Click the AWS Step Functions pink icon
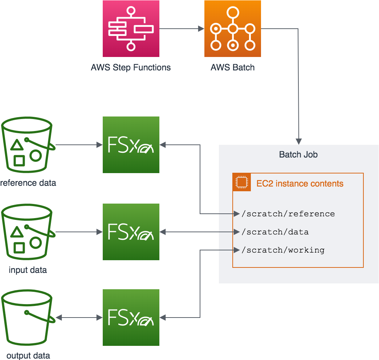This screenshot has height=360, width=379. coord(131,29)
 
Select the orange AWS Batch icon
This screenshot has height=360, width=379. coord(233,29)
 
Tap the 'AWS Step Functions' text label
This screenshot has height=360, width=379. coord(131,67)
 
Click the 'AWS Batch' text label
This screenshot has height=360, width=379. coord(233,67)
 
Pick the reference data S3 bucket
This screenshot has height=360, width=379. coord(28,145)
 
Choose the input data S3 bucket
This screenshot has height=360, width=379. coord(28,232)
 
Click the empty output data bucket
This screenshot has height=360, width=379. coord(28,318)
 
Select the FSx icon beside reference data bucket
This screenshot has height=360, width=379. coord(131,145)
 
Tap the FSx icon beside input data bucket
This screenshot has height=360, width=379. coord(131,232)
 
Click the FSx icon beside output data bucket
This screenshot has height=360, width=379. coord(131,318)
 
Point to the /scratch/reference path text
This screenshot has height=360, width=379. coord(288,214)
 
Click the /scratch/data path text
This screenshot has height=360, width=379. coord(275,232)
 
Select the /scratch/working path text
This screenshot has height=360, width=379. coord(283,250)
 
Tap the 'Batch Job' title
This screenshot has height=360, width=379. coord(298,155)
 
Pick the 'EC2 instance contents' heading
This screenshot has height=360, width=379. coord(300,183)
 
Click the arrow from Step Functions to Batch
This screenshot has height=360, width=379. coord(182,29)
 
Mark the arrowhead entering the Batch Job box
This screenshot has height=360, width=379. coord(298,141)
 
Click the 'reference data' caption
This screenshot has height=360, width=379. coord(28,183)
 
